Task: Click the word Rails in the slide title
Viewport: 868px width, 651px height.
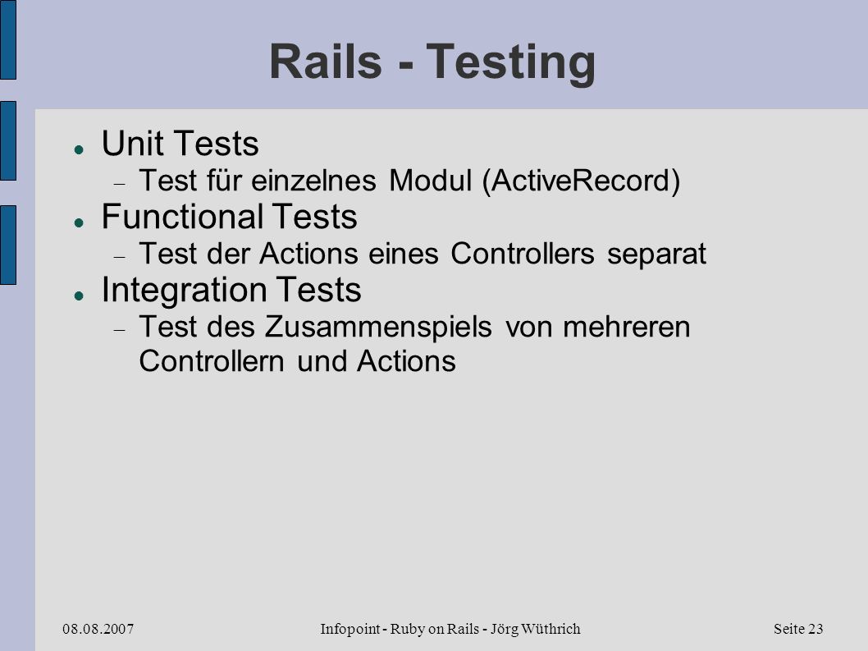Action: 326,61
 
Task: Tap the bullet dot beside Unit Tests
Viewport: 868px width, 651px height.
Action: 79,149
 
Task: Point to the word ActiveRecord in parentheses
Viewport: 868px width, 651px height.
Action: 581,180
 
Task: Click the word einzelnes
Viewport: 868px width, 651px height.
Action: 314,180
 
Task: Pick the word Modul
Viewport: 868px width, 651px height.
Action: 430,180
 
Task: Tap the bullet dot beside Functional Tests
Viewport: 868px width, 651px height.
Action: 79,222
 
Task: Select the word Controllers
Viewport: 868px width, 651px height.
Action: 522,253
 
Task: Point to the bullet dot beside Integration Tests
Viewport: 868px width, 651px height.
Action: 79,296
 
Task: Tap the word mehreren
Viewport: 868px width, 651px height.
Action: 627,327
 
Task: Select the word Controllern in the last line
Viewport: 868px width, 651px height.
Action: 212,361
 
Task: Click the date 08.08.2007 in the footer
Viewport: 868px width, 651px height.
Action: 98,629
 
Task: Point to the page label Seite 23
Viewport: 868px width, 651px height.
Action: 798,629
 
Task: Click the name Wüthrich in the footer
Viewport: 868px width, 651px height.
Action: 549,629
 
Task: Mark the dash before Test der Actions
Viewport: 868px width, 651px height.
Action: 120,257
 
